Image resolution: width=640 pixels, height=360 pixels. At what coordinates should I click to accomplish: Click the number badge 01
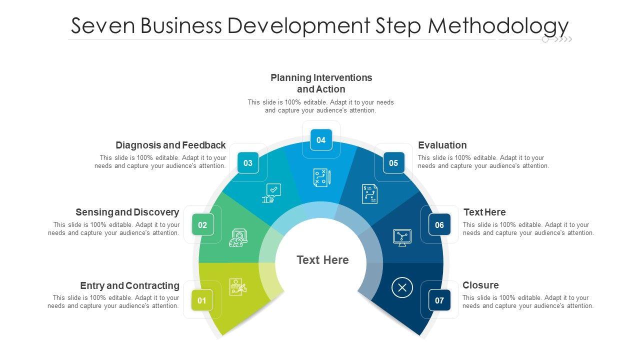point(202,300)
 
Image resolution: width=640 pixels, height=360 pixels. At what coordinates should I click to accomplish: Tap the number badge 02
point(202,225)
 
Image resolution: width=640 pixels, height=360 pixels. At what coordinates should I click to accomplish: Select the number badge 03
point(248,163)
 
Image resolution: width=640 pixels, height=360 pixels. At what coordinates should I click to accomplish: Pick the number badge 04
point(321,140)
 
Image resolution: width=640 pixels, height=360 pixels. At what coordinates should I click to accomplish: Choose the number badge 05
point(393,163)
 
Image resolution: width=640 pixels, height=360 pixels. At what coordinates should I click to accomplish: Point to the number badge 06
point(439,225)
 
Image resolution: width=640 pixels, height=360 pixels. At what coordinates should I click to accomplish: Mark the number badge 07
point(439,300)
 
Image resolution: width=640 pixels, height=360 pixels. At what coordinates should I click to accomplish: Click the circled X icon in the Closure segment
point(402,287)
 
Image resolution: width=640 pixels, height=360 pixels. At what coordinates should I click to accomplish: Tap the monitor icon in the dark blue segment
point(402,237)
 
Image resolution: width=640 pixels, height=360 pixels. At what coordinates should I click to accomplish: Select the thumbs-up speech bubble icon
point(271,193)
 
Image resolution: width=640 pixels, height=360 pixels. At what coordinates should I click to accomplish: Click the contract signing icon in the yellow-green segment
point(237,286)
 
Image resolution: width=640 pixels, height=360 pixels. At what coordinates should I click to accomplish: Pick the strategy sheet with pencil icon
point(321,178)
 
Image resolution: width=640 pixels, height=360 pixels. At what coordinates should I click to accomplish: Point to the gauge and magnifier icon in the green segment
point(238,238)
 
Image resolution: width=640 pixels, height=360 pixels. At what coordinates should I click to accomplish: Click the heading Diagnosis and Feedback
point(170,145)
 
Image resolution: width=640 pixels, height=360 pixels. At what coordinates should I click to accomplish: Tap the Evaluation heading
point(442,145)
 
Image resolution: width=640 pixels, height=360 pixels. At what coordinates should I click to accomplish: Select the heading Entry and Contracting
point(129,286)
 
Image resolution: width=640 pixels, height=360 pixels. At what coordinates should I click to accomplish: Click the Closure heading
point(480,285)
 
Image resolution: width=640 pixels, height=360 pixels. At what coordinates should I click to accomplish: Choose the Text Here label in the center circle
point(322,260)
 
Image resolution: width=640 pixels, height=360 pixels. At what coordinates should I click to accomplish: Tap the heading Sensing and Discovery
point(127,212)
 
